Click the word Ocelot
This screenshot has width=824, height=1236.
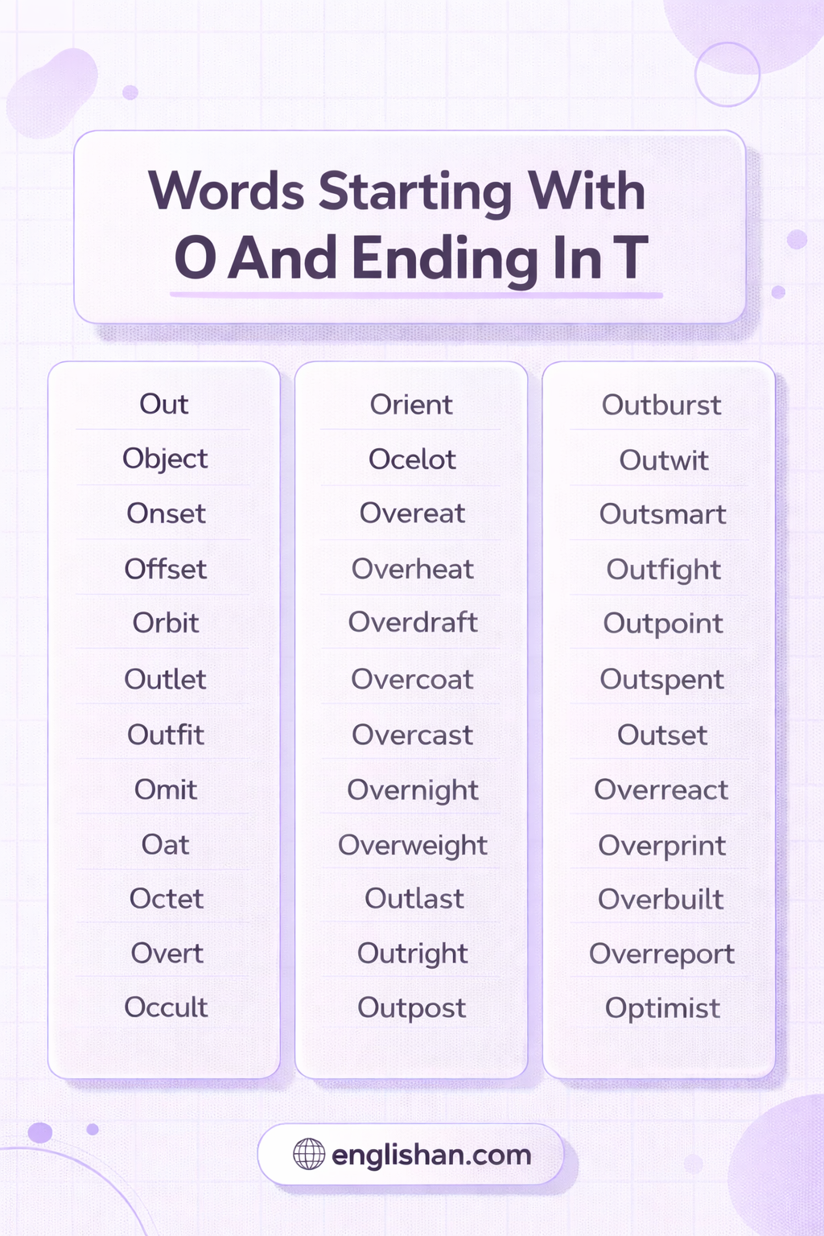coord(412,459)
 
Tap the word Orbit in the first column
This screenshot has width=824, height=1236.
coord(166,623)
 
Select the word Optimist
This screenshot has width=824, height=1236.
coord(662,1008)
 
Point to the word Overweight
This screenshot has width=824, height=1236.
coord(413,846)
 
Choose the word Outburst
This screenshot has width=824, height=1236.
coord(661,405)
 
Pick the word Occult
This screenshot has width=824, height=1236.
coord(166,1007)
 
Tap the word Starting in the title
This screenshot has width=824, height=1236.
coord(415,192)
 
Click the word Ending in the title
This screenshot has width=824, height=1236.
coord(445,259)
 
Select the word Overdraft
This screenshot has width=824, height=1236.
coord(413,622)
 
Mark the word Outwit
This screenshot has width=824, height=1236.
coord(663,460)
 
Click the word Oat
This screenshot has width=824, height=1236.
coord(165,844)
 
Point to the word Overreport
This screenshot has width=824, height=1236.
coord(661,954)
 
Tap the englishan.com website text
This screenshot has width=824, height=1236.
coord(431,1155)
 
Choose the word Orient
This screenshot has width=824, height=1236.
coord(411,405)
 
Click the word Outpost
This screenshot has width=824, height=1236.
coord(412,1008)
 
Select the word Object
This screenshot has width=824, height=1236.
coord(165,459)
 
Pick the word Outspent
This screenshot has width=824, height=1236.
coord(661,680)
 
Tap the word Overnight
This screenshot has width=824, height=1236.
coord(412,791)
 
